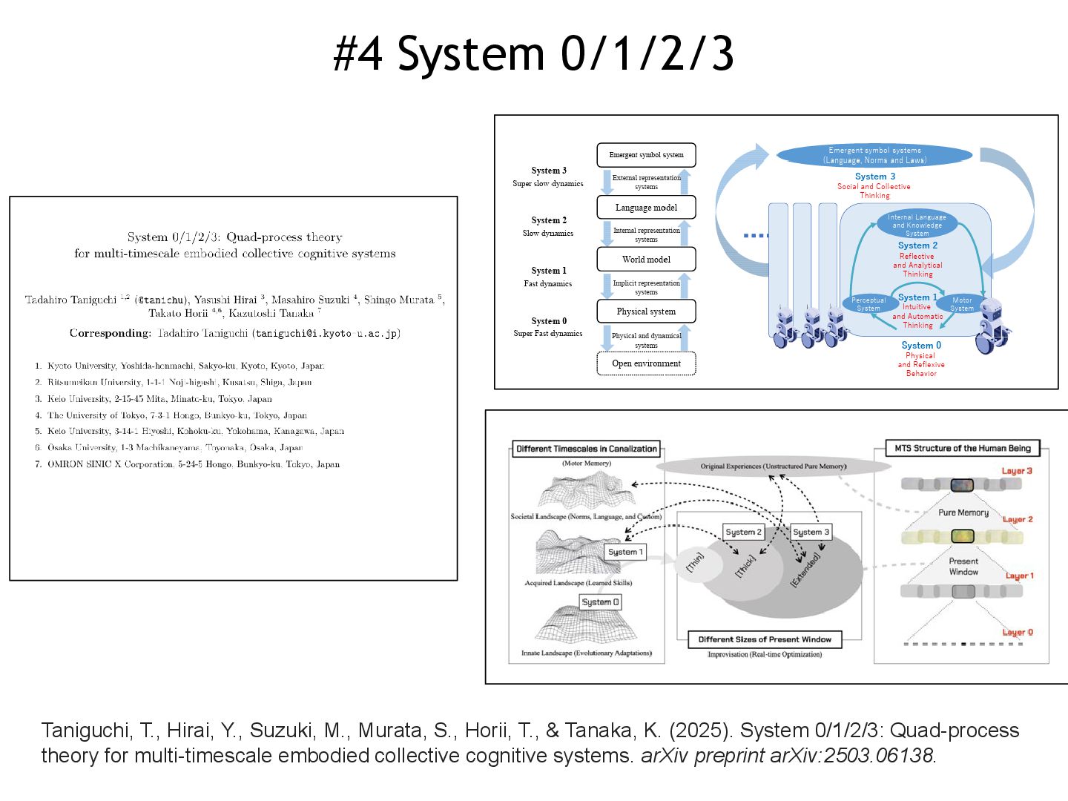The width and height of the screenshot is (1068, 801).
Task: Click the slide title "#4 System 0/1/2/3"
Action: coord(533,53)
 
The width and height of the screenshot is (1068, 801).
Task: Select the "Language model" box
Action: coord(646,208)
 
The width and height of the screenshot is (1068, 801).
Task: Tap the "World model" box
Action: coord(646,260)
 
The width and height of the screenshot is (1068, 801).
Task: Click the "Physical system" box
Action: coord(646,311)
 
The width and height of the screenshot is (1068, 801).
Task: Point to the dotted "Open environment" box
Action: coord(646,363)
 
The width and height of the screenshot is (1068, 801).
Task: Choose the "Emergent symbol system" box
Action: coord(646,155)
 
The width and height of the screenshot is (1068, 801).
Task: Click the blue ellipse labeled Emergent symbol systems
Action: coord(874,155)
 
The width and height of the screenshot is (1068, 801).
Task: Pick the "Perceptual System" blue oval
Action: coord(868,304)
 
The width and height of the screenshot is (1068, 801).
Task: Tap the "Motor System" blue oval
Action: coord(962,304)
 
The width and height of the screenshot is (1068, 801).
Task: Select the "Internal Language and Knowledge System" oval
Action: coord(917,225)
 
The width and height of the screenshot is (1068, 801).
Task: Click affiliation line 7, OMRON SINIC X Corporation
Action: coord(193,464)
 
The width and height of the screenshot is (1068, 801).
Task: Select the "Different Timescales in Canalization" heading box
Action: coord(586,449)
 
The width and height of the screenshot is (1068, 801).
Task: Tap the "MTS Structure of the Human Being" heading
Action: coord(963,449)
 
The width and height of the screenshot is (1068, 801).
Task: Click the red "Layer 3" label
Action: coord(1017,471)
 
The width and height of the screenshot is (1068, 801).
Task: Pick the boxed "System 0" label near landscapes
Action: coord(600,602)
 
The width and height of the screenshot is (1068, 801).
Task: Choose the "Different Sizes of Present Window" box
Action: coord(765,639)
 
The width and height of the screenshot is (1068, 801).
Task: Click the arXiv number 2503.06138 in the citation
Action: coord(889,756)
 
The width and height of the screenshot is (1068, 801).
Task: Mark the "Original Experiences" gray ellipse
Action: coord(773,467)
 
